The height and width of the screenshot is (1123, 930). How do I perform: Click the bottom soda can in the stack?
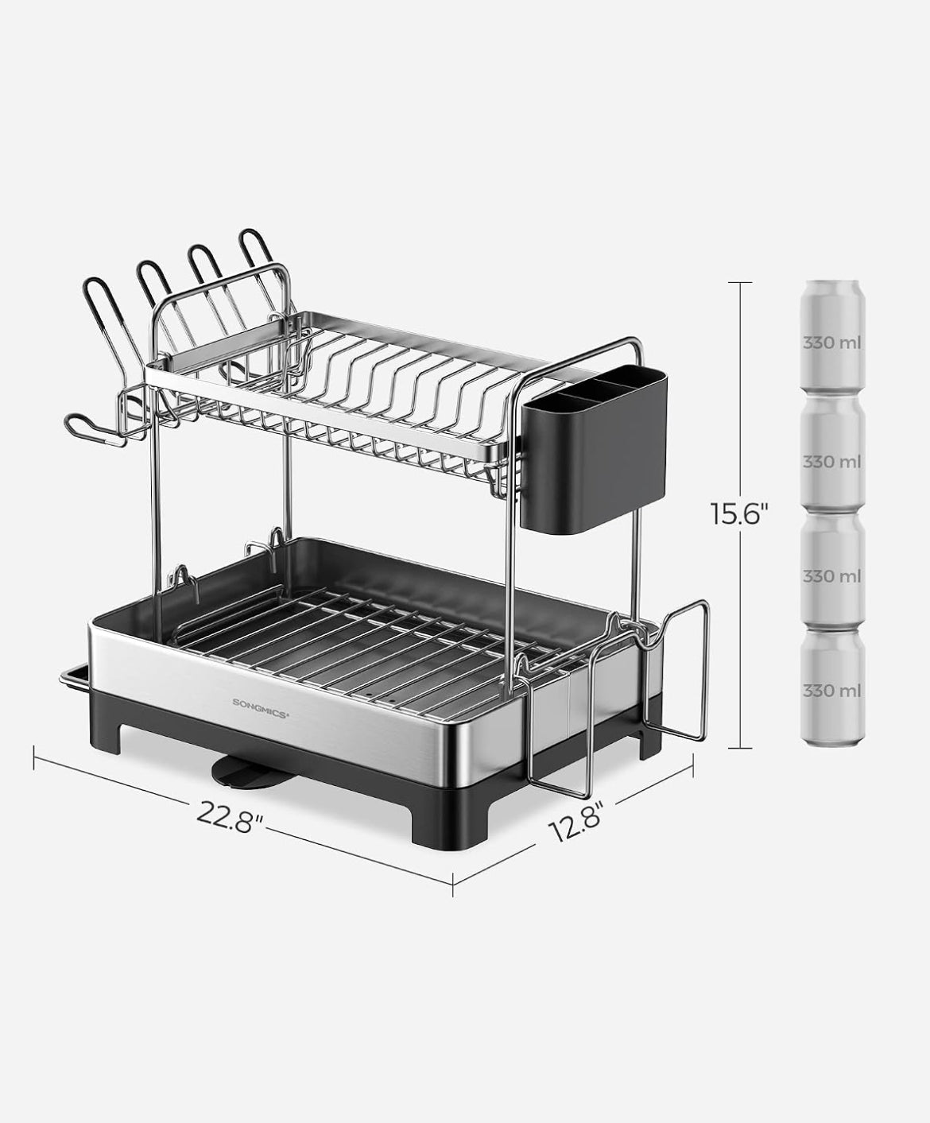(833, 687)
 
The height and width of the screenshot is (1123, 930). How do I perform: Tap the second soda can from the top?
(833, 452)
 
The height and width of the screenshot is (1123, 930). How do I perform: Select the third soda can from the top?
(833, 570)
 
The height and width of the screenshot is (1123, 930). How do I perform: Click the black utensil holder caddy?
(594, 451)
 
